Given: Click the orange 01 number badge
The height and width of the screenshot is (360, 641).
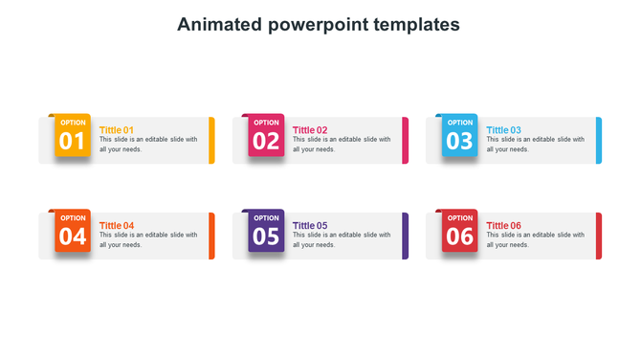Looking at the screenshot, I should (x=73, y=136).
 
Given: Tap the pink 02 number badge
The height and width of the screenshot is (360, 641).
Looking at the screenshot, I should (x=266, y=136).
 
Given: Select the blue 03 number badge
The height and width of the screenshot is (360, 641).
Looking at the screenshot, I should (x=460, y=136).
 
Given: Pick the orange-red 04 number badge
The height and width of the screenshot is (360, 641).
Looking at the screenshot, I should (x=73, y=231).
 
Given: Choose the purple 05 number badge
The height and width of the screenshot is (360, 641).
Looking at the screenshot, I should (x=266, y=231).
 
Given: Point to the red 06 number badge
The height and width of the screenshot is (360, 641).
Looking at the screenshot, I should (x=460, y=231).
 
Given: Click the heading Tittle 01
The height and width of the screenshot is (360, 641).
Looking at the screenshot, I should (x=117, y=130).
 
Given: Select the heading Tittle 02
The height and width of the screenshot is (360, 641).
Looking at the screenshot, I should (x=310, y=130).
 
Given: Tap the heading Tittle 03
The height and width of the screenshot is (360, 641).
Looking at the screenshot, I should (x=504, y=130).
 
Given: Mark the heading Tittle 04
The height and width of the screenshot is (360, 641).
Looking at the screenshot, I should (x=117, y=226).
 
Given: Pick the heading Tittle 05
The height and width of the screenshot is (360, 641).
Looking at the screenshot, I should (x=310, y=226).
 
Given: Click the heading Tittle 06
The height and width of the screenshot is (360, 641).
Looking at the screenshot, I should (x=504, y=226).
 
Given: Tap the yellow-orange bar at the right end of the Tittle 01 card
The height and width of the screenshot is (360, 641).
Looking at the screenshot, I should (x=211, y=141).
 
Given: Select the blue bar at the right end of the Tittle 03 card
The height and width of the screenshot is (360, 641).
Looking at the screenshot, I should (x=599, y=141).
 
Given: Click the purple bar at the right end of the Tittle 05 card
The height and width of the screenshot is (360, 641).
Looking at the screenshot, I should (x=406, y=236).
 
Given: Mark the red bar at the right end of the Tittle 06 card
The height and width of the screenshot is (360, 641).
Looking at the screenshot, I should (x=599, y=236).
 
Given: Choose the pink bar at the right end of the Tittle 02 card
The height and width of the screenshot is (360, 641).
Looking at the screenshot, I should (x=406, y=141).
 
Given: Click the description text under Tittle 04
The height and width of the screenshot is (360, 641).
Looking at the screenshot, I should (x=148, y=239).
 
